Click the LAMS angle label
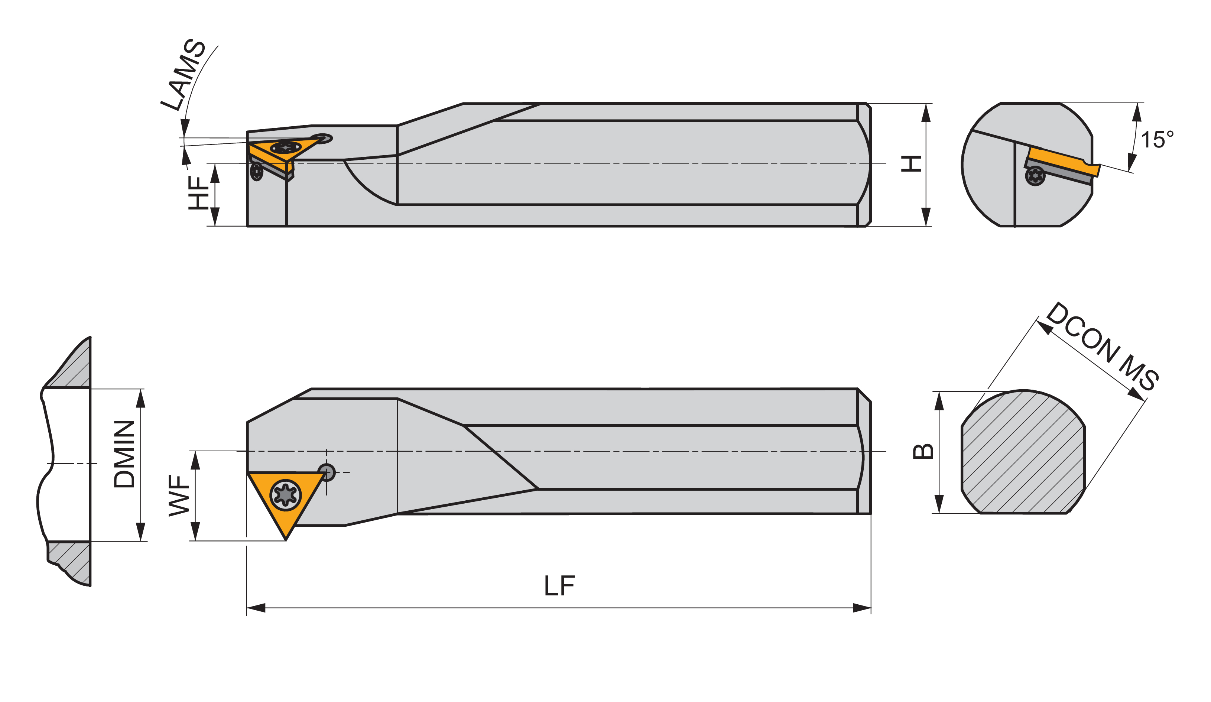[x=183, y=75]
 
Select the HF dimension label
[x=198, y=193]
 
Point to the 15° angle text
[x=1157, y=140]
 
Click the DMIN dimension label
[x=124, y=454]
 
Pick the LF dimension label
[x=559, y=586]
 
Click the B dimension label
[x=923, y=452]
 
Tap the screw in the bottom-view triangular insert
[x=286, y=495]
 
